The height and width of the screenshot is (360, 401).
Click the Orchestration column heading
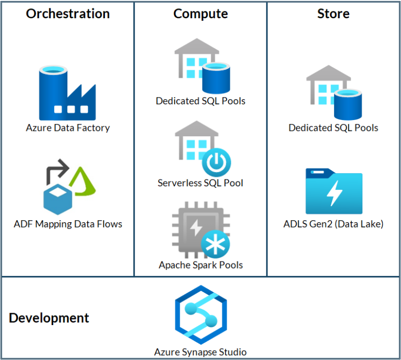68,14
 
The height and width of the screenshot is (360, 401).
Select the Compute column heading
200,14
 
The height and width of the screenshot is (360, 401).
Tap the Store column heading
333,14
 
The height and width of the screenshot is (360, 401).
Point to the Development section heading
49,318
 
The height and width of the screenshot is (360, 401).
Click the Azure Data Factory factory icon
67,93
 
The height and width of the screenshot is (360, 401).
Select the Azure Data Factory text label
68,127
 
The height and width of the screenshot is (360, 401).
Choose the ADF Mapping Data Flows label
68,224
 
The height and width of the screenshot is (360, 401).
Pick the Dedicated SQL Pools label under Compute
200,101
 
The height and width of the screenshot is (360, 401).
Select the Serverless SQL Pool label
200,183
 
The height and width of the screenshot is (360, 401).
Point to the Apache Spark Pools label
200,265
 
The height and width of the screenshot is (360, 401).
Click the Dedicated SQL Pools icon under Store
333,93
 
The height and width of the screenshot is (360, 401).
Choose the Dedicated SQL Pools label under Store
333,127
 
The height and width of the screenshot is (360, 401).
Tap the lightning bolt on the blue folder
334,194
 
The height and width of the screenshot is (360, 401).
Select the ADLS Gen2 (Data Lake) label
333,224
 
